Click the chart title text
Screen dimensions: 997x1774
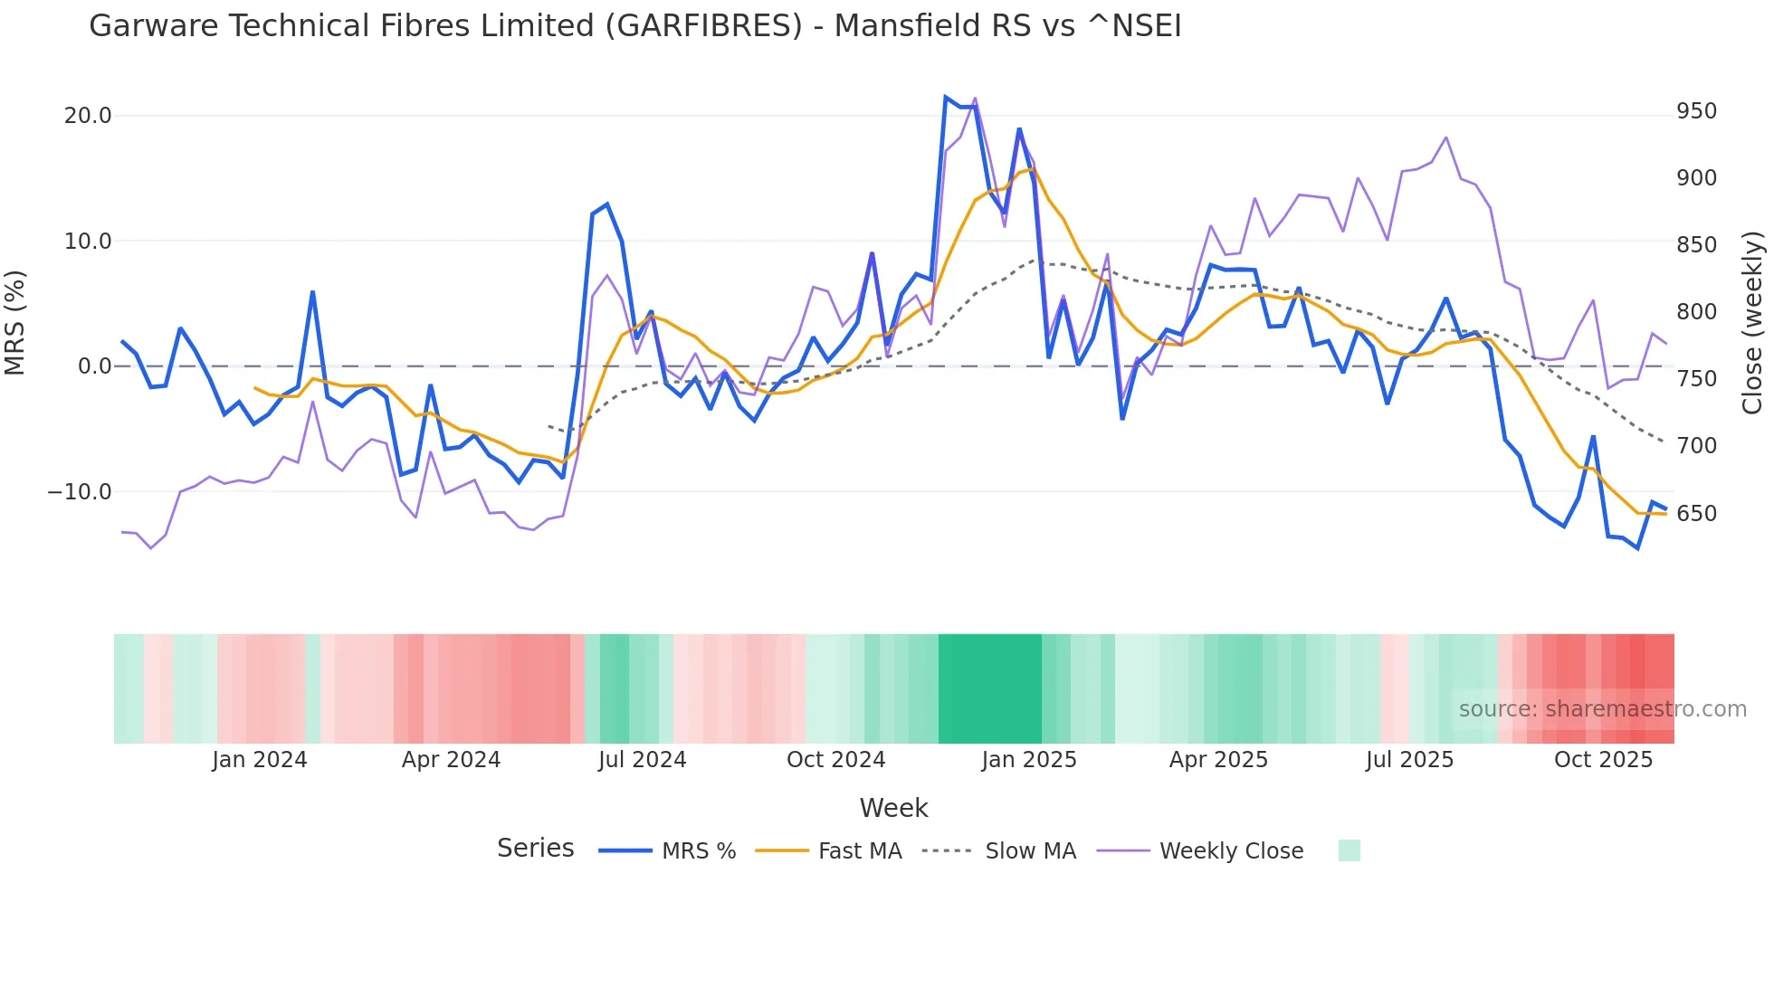tap(634, 26)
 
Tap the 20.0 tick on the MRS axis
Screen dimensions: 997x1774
tap(88, 116)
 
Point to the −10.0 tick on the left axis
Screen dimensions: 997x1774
tap(80, 492)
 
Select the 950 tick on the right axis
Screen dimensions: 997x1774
tap(1696, 111)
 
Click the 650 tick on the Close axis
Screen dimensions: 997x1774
tap(1696, 514)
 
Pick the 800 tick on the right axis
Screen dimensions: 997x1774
tap(1696, 312)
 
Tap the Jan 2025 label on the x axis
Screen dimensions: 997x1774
tap(1029, 760)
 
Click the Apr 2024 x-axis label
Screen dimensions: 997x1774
tap(451, 760)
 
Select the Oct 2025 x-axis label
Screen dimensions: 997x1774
tap(1603, 760)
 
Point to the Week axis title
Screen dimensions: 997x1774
tap(893, 808)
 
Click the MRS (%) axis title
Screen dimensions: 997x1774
tap(15, 323)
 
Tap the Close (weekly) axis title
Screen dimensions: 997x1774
tap(1753, 323)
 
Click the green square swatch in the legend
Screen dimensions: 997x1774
tap(1349, 850)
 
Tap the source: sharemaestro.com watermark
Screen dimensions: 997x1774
tap(1602, 709)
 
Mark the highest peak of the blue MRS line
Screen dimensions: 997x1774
tap(945, 97)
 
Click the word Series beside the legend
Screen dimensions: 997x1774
tap(535, 849)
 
